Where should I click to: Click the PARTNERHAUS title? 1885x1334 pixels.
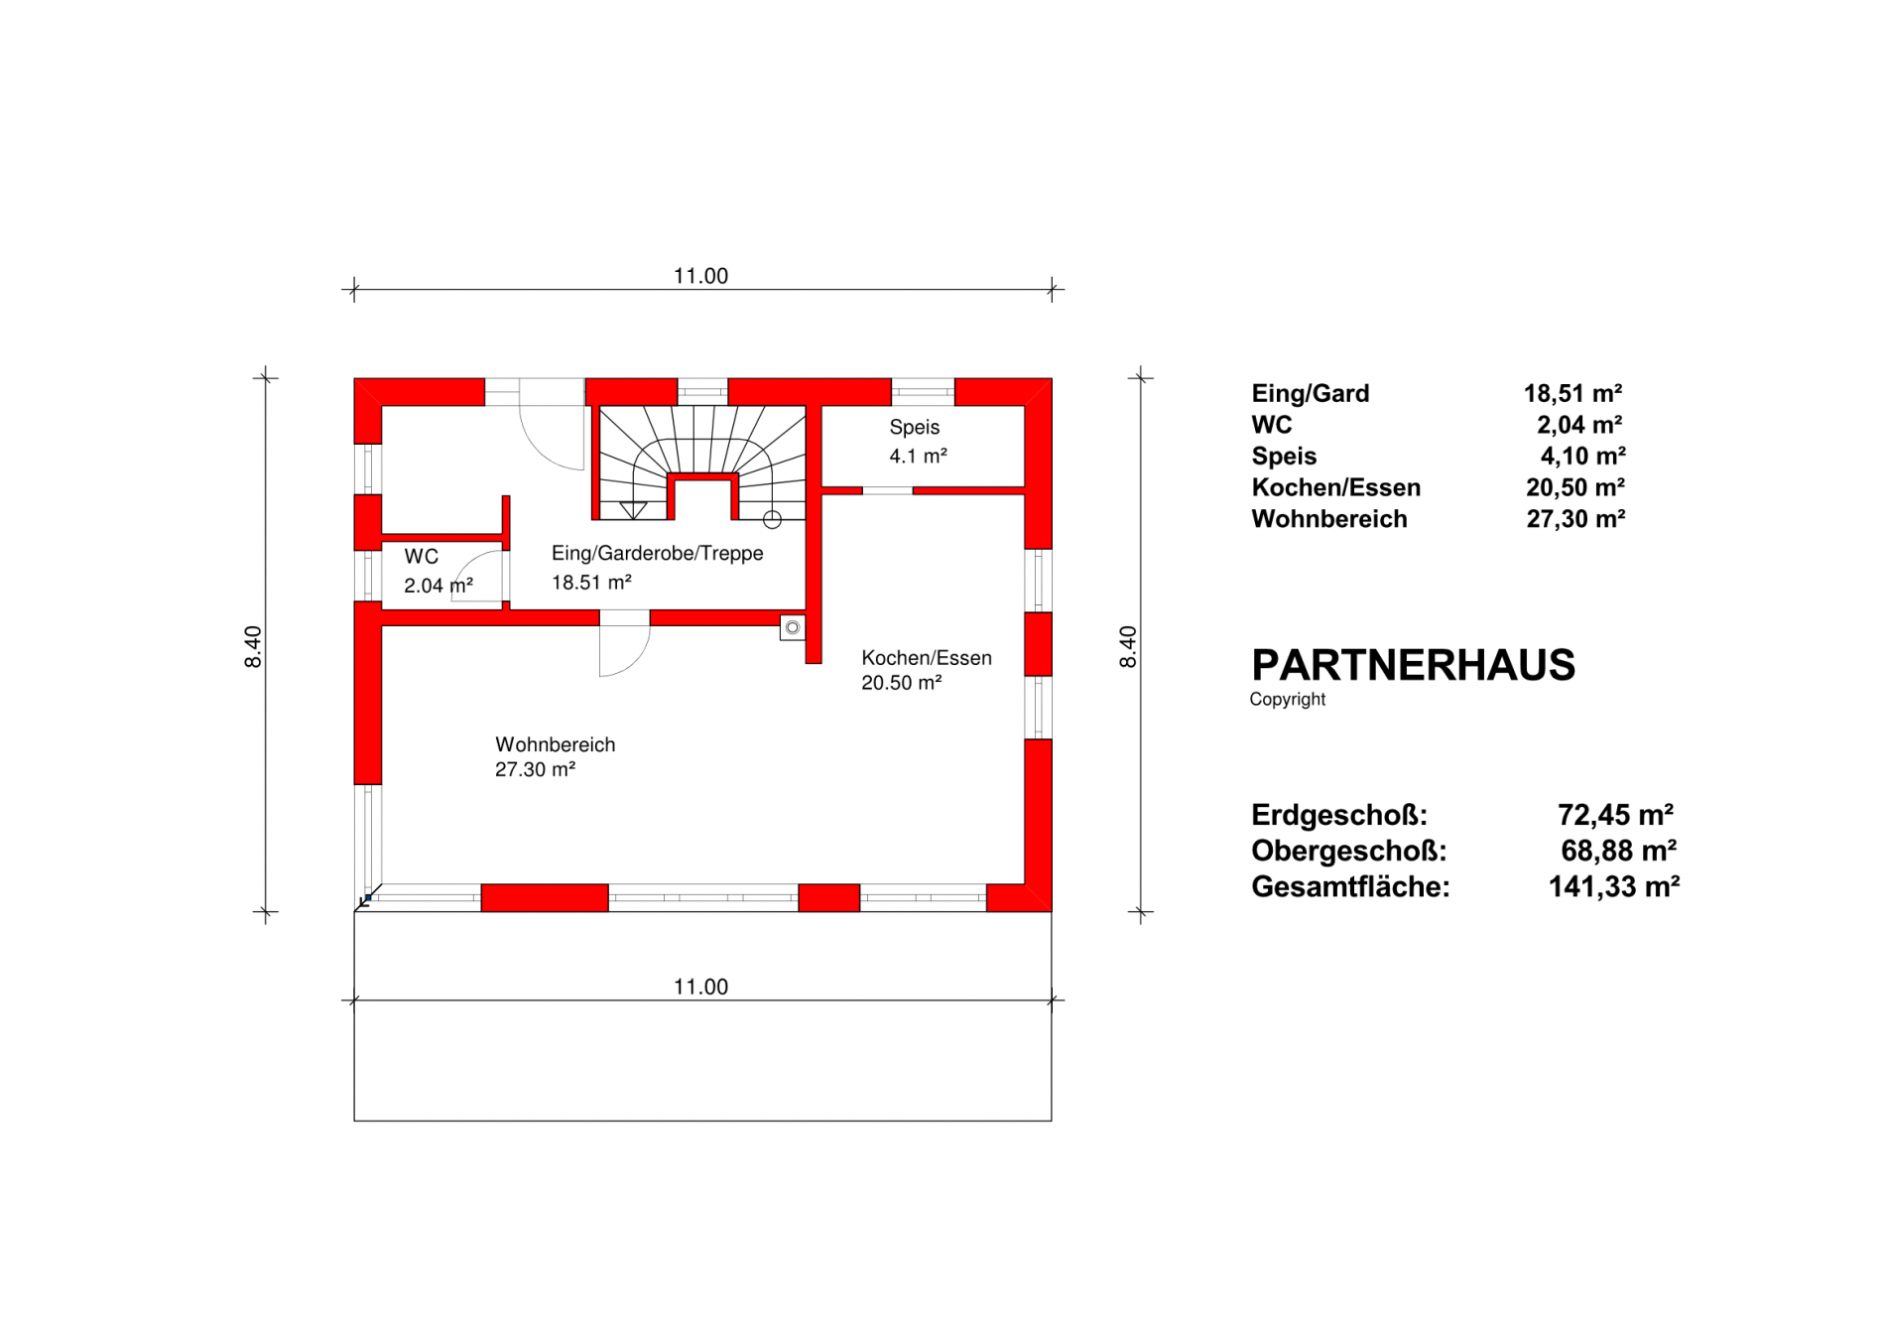click(1413, 665)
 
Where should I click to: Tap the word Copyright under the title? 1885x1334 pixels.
click(1287, 699)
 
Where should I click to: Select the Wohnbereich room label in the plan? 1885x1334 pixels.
click(555, 744)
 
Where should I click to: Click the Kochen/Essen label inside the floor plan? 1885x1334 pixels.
click(926, 658)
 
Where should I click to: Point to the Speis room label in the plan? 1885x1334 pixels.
click(914, 427)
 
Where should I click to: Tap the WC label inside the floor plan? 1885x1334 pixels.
click(421, 557)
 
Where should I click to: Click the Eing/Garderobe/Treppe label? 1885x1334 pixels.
click(657, 553)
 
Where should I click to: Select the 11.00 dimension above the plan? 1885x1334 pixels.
click(700, 276)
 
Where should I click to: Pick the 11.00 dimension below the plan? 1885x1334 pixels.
click(700, 987)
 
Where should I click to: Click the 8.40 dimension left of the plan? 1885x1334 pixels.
click(253, 646)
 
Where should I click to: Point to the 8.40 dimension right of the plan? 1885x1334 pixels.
click(1128, 646)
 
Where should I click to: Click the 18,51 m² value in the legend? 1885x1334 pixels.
click(1572, 393)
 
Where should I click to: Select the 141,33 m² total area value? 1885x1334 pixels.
click(1614, 886)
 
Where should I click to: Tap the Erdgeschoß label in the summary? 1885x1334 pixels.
click(1338, 815)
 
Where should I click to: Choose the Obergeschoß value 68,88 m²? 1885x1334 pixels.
click(1618, 851)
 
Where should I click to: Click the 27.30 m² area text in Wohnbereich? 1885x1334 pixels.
click(535, 769)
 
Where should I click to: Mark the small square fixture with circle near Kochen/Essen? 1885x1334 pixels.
click(792, 627)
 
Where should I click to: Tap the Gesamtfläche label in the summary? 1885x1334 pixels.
click(1350, 886)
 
